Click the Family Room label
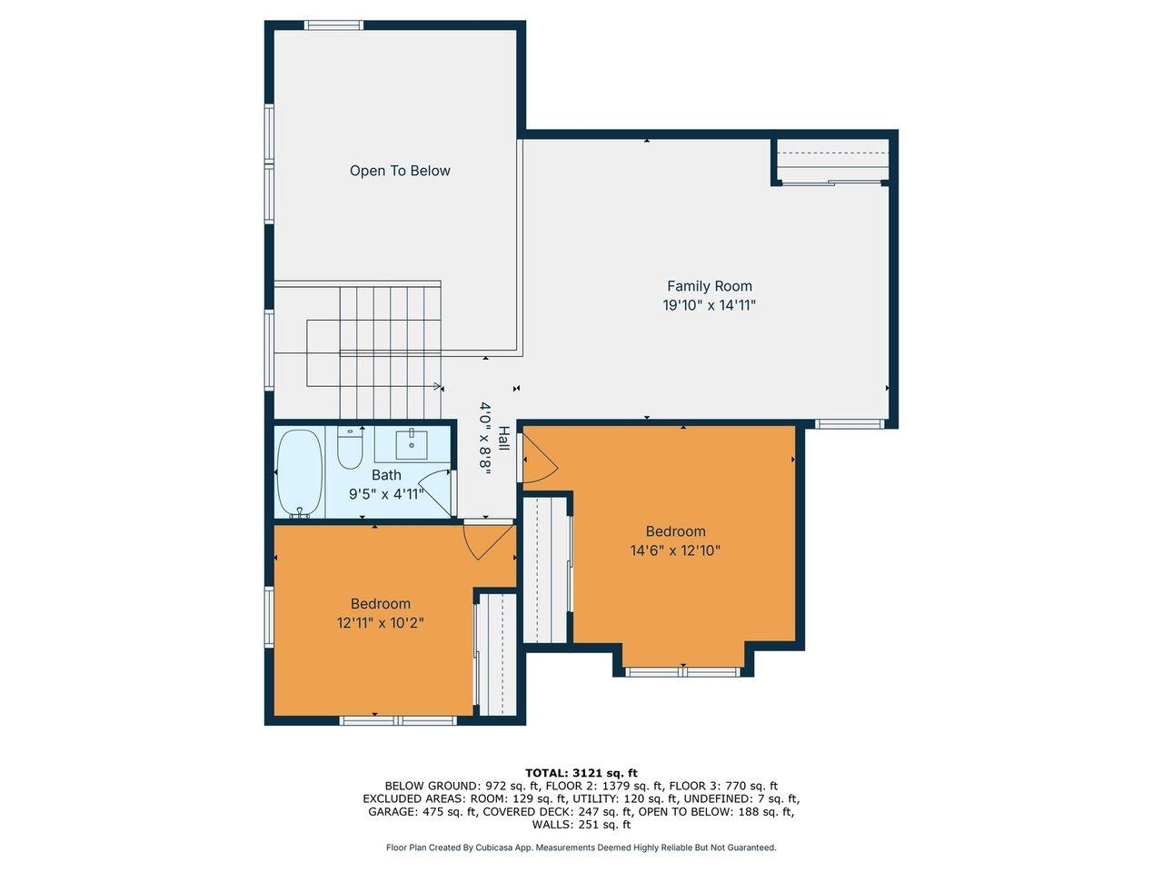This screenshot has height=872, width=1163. (710, 286)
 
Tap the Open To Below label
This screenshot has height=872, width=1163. (400, 171)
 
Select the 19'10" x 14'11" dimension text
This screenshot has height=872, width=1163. (710, 306)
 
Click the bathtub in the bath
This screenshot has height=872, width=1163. (299, 472)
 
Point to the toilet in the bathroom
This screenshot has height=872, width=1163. (350, 449)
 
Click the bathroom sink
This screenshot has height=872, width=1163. (412, 444)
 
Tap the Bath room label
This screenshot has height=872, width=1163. (386, 475)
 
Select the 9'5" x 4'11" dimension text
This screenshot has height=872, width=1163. (386, 494)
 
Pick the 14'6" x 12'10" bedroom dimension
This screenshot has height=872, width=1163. (675, 550)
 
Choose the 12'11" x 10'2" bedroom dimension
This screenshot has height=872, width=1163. (381, 623)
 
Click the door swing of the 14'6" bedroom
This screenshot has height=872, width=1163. (538, 459)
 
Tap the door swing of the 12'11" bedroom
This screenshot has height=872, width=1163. (485, 541)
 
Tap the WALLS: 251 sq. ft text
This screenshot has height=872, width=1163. (581, 825)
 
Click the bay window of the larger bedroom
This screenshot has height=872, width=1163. (683, 672)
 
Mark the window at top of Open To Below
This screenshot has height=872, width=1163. (333, 25)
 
